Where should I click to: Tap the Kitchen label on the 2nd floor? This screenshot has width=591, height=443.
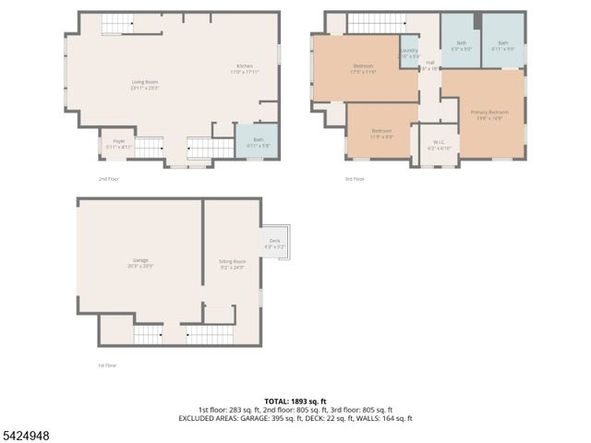(245, 67)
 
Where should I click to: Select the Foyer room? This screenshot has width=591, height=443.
(119, 143)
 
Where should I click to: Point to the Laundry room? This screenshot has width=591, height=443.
(409, 54)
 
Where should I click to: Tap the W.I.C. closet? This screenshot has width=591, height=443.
(438, 146)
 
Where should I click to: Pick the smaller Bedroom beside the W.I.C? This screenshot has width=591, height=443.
(382, 133)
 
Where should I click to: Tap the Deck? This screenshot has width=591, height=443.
(275, 245)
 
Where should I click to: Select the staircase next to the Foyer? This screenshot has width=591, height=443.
(150, 147)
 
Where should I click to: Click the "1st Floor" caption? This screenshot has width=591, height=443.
(108, 365)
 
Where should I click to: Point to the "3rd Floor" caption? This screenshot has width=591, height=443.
(354, 179)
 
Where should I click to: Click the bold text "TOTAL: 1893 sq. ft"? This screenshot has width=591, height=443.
(295, 401)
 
